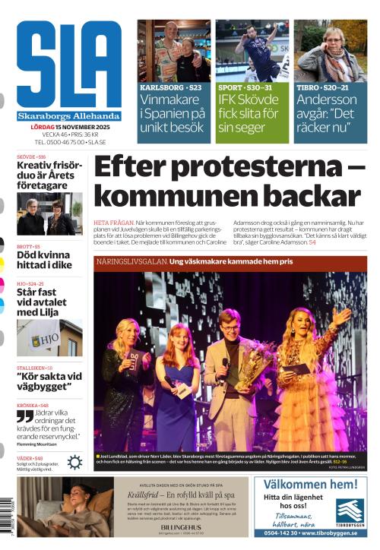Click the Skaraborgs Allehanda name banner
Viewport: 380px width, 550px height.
pos(68,116)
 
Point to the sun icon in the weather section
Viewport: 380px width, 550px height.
pos(74,462)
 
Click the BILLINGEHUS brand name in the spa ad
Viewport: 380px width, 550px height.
pos(174,525)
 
